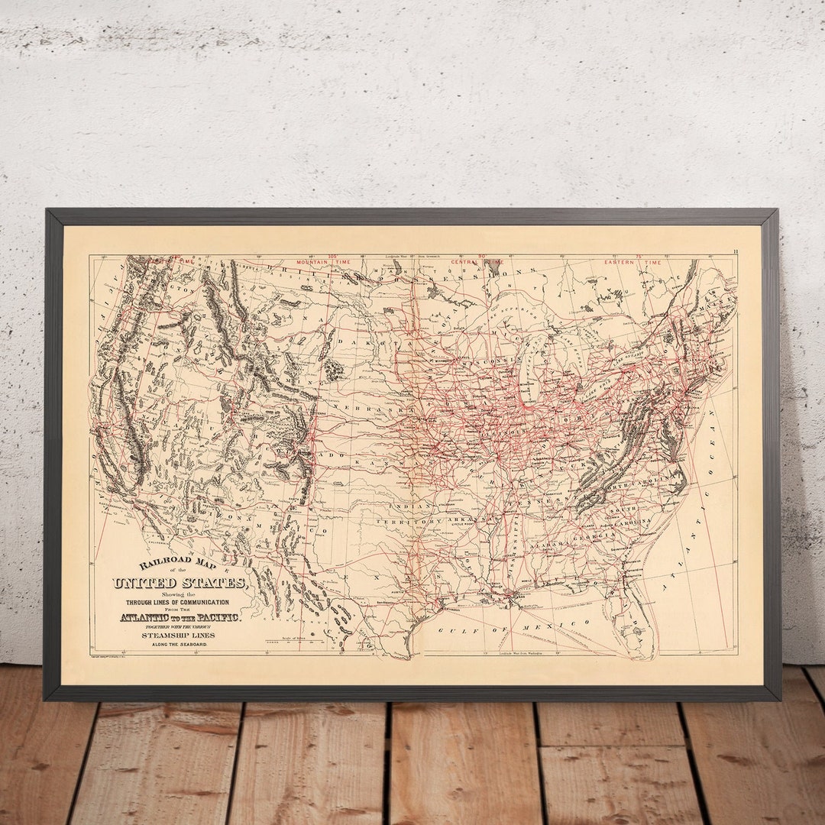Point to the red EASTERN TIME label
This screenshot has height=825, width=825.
point(633,262)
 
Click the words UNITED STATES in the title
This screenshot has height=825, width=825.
point(180,584)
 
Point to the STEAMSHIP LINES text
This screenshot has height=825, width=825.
point(178,635)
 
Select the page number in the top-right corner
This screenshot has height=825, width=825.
point(735,251)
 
